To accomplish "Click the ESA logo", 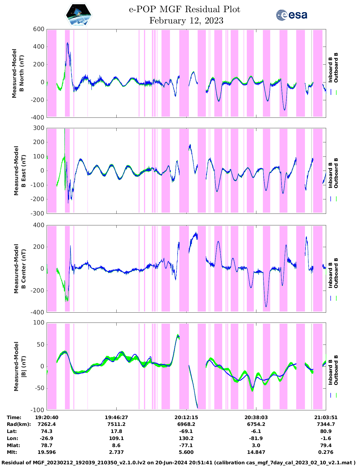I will pyautogui.click(x=291, y=15).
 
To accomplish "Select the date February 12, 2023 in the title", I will pyautogui.click(x=186, y=21).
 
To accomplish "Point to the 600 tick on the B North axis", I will pyautogui.click(x=39, y=29).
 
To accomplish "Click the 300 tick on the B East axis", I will pyautogui.click(x=39, y=128).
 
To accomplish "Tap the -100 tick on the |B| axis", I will pyautogui.click(x=37, y=410).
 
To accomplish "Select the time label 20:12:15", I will pyautogui.click(x=186, y=417).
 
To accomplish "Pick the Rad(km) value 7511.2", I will pyautogui.click(x=116, y=424).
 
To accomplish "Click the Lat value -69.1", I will pyautogui.click(x=186, y=431).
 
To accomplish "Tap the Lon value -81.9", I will pyautogui.click(x=256, y=438).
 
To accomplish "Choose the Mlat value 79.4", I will pyautogui.click(x=326, y=445).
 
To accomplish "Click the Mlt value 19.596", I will pyautogui.click(x=47, y=452).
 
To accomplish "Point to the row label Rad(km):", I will pyautogui.click(x=19, y=424).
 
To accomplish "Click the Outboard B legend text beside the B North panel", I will pyautogui.click(x=336, y=68).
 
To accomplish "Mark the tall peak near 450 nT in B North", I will pyautogui.click(x=67, y=43).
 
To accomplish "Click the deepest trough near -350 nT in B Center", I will pyautogui.click(x=266, y=306).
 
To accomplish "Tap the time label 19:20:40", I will pyautogui.click(x=47, y=417).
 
